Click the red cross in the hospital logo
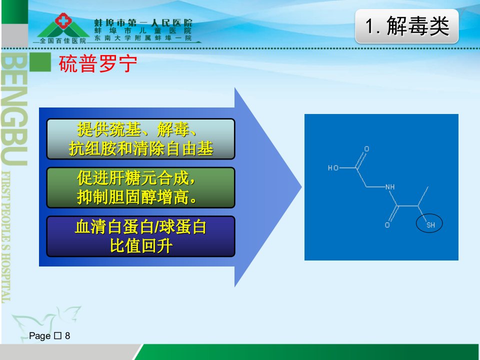(63, 21)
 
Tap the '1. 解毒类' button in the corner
(407, 26)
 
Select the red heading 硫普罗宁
(98, 63)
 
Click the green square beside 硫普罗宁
(40, 62)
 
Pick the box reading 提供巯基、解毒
(141, 139)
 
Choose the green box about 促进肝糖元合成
(141, 187)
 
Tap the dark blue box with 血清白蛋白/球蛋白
(141, 236)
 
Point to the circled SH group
(429, 223)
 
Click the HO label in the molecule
(333, 168)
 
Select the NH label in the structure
(390, 186)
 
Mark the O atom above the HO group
(366, 149)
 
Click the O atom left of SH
(387, 225)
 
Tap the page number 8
(67, 336)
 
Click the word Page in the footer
(40, 336)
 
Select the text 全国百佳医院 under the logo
(63, 40)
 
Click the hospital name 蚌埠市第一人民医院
(143, 22)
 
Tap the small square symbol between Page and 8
(58, 336)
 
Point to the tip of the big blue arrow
(301, 186)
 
